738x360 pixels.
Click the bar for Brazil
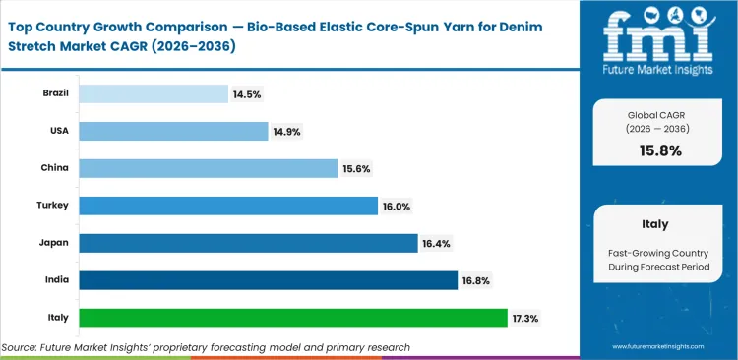point(153,94)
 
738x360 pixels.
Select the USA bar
point(173,131)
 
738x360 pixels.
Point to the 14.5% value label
point(247,94)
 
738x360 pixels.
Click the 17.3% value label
point(524,318)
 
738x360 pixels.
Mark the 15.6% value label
point(356,168)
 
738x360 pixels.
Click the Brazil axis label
point(55,94)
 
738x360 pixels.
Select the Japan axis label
point(55,243)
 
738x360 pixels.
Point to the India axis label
point(57,280)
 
